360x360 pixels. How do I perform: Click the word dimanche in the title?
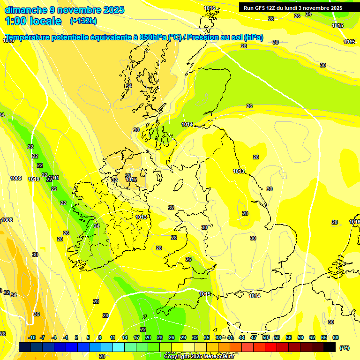pos(26,10)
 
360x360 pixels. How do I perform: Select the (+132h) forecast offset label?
pos(83,21)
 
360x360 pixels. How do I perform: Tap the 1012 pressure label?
pos(131,180)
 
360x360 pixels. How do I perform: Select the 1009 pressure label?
pos(16,178)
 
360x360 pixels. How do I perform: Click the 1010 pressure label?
pos(34,179)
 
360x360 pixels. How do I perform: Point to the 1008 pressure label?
pos(7,220)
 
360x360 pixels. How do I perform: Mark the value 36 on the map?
pos(37,314)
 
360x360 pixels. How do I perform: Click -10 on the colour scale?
pos(32,337)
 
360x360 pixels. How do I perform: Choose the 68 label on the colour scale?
pos(336,337)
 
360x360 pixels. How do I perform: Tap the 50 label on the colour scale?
pos(266,337)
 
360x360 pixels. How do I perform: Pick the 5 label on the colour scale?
pos(89,337)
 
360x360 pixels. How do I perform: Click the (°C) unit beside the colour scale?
pos(344,348)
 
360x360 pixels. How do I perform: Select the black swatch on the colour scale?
pos(330,347)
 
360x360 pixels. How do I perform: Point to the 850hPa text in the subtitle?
pos(153,37)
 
